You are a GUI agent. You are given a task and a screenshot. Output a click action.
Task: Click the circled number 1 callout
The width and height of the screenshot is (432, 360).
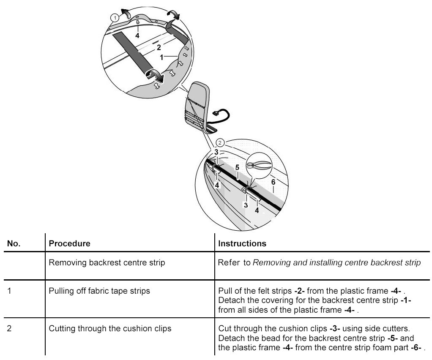pos(114,17)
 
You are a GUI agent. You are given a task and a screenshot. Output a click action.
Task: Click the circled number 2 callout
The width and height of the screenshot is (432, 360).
pos(219,142)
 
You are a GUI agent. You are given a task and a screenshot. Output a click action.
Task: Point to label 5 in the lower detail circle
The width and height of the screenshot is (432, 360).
pos(238,167)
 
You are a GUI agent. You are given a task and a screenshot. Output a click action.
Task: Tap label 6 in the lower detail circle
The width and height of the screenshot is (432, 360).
pos(273,181)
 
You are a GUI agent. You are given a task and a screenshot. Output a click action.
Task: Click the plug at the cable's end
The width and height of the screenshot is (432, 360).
pos(218,113)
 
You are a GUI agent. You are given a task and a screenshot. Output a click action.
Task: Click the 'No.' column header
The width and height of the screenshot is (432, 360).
pos(14,244)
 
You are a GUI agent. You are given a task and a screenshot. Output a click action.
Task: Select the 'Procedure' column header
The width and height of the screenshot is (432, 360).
pos(70,244)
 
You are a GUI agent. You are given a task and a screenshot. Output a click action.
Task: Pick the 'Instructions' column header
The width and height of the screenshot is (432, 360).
pos(242,244)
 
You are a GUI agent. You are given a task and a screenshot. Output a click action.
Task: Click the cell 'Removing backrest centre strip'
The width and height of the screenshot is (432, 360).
pos(107,263)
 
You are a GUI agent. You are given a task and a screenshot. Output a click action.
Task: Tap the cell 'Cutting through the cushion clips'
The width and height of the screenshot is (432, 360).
pos(110,328)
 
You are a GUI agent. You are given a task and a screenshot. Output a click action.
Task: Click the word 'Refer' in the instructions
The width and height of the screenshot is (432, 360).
pos(229,263)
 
